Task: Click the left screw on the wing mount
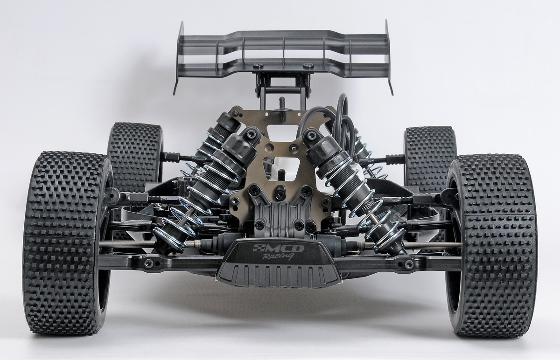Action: (x=258, y=65)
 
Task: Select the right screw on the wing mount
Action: (x=308, y=65)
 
